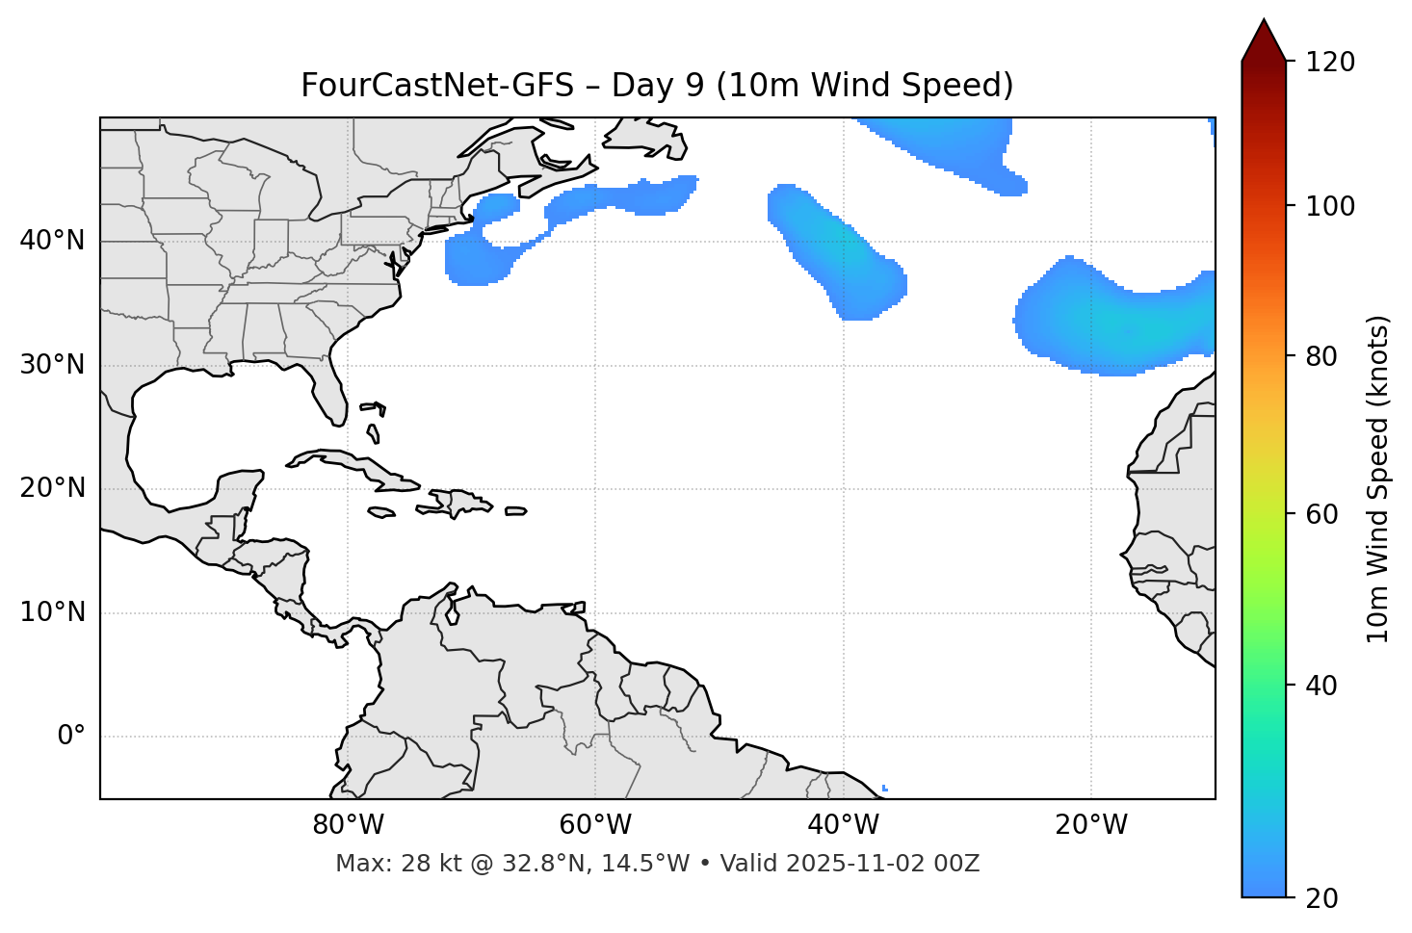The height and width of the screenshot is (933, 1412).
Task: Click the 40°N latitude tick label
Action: click(52, 241)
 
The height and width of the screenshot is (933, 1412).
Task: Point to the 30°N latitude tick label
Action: click(52, 365)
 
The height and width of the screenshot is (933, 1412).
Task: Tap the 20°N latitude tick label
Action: click(52, 488)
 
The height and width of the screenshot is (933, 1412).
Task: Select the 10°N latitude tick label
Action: click(52, 612)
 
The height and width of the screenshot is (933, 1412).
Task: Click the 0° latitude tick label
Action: click(71, 737)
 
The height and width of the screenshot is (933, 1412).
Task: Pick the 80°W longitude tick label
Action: click(348, 825)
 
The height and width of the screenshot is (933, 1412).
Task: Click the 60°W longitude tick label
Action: click(595, 825)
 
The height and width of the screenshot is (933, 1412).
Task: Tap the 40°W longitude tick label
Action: click(843, 825)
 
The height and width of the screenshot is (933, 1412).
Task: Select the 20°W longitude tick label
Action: click(1090, 825)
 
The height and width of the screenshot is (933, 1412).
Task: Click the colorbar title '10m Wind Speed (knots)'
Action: click(1378, 479)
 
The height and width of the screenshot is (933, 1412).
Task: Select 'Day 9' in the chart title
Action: click(657, 86)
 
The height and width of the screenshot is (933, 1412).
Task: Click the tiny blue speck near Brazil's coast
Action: click(884, 789)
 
